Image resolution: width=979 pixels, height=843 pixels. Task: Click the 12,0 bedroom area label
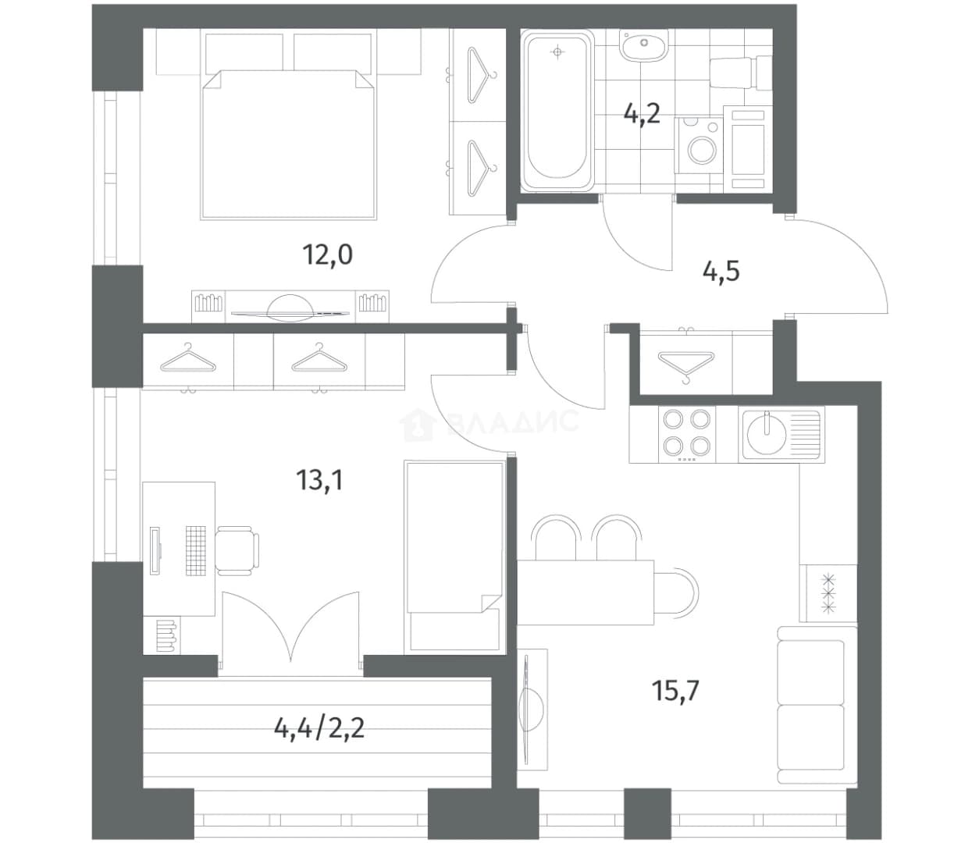[328, 254]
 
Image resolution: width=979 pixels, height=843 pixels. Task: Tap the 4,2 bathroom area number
[642, 115]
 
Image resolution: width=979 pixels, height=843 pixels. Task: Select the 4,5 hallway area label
[721, 272]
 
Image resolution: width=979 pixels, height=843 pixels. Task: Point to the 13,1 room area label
[319, 480]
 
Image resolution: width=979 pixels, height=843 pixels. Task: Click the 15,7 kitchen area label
[675, 691]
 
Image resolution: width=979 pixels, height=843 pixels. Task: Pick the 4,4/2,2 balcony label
[319, 728]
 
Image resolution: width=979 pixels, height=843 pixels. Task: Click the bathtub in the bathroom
[557, 111]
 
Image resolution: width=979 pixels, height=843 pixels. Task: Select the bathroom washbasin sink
[643, 45]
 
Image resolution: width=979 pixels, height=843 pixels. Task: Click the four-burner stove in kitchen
[687, 434]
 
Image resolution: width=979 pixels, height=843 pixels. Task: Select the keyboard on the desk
[196, 551]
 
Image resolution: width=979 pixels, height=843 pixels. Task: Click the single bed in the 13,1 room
[454, 557]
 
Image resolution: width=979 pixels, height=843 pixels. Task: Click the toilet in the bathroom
[741, 73]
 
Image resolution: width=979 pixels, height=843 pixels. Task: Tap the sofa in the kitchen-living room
[817, 705]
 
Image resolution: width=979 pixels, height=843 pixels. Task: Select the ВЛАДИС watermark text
[513, 421]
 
